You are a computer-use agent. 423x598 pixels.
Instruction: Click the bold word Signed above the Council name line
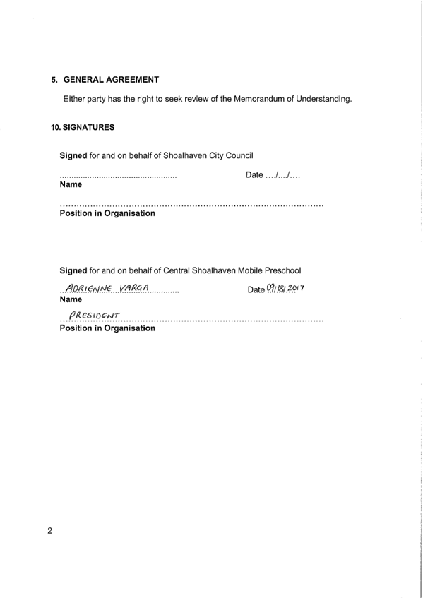[73, 155]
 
